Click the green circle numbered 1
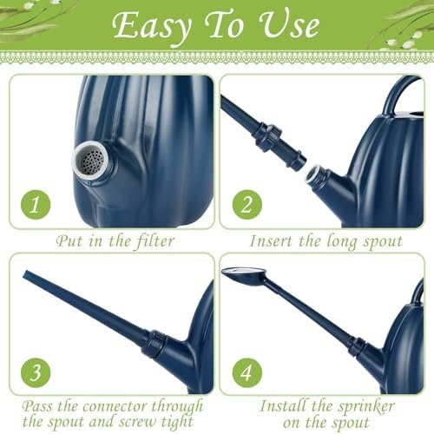[36, 205]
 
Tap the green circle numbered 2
[247, 205]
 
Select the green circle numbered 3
[36, 372]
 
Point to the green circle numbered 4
[247, 372]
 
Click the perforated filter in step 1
[92, 161]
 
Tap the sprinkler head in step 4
[244, 275]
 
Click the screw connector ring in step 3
[157, 345]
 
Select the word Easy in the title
[151, 27]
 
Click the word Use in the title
[289, 26]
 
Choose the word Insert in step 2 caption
[272, 241]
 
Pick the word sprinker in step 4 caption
[366, 406]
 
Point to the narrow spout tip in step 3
[25, 274]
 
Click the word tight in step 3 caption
[177, 422]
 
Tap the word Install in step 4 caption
[283, 405]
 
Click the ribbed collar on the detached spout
[271, 136]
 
